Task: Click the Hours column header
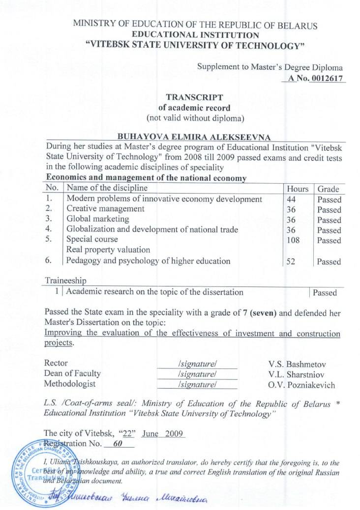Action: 297,189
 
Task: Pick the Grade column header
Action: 328,189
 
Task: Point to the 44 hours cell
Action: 291,199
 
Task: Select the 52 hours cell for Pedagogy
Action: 291,262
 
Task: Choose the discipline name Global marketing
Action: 97,219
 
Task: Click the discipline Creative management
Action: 105,209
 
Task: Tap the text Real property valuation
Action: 108,250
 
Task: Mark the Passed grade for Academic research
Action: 325,293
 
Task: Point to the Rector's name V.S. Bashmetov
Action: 298,364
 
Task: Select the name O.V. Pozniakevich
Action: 301,385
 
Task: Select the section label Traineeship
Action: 65,280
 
